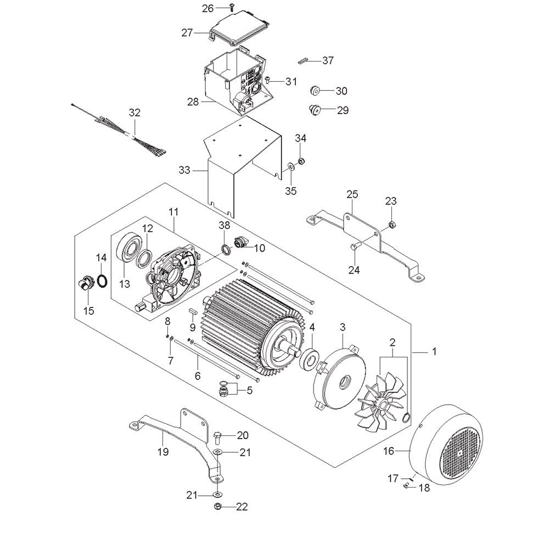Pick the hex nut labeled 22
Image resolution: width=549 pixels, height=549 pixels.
pos(217,506)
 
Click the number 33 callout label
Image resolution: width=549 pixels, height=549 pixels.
pos(184,171)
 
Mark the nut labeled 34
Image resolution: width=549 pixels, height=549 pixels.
pos(301,161)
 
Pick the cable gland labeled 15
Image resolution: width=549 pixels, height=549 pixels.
pos(84,285)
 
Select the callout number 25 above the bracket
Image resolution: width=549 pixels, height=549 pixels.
pos(352,194)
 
